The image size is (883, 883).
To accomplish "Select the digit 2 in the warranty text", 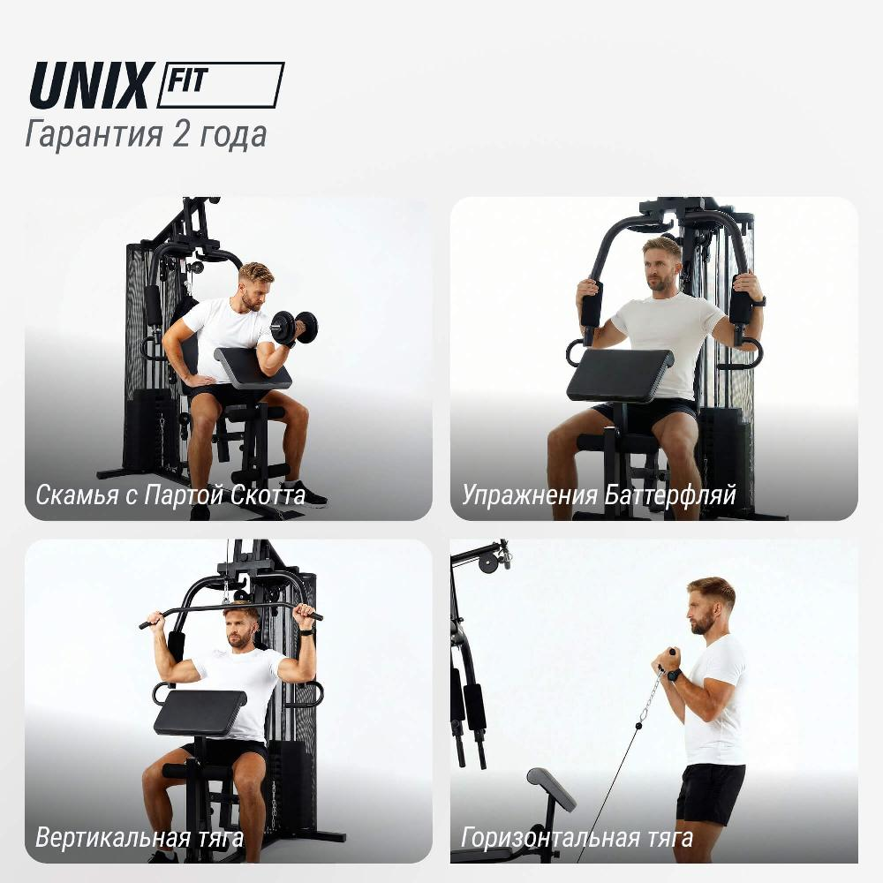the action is pyautogui.click(x=181, y=134).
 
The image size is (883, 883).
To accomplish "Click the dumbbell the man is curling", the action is pyautogui.click(x=294, y=328).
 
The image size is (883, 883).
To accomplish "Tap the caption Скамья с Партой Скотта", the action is pyautogui.click(x=170, y=495).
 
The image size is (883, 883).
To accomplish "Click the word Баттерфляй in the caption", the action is pyautogui.click(x=670, y=495).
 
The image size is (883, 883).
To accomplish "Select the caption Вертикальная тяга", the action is pyautogui.click(x=140, y=837).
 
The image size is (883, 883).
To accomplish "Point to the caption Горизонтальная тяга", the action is pyautogui.click(x=577, y=837).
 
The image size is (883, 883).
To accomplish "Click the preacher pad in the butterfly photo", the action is pyautogui.click(x=620, y=374).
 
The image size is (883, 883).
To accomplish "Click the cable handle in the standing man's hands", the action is pyautogui.click(x=669, y=660).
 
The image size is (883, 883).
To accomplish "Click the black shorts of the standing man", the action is pyautogui.click(x=710, y=794).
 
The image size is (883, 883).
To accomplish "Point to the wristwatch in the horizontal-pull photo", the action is pyautogui.click(x=674, y=674).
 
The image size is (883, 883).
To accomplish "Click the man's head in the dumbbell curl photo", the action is pyautogui.click(x=257, y=285).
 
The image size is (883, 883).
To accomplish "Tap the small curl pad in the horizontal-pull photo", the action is pyautogui.click(x=551, y=789).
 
